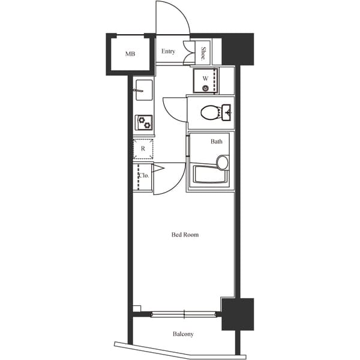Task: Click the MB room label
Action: (x=130, y=54)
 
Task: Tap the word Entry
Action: (x=168, y=51)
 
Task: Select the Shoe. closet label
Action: (x=203, y=53)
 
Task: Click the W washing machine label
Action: (x=205, y=79)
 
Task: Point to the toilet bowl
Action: (x=209, y=113)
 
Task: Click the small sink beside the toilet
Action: (x=226, y=112)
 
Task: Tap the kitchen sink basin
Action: (x=144, y=90)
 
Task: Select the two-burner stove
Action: (x=144, y=122)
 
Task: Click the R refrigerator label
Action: (x=143, y=149)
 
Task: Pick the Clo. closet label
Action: (x=144, y=176)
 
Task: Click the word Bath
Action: (x=216, y=142)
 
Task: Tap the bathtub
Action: (x=211, y=174)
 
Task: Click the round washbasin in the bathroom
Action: (x=222, y=163)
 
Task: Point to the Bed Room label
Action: (x=185, y=235)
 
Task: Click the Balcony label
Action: (x=183, y=334)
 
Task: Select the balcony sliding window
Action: (x=184, y=314)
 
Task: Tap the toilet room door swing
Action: (x=169, y=114)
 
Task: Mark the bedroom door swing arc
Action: (x=177, y=186)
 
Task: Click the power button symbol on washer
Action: (x=205, y=88)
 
